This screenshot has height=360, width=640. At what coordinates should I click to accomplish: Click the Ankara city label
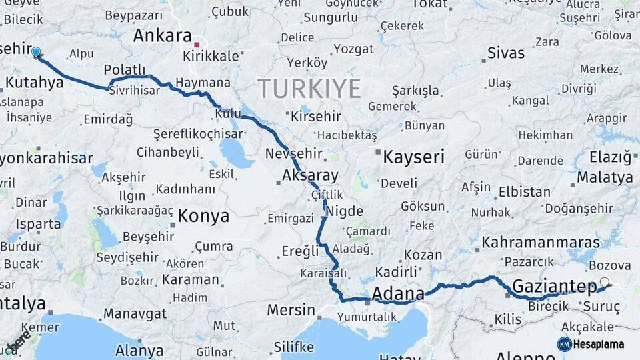(x=163, y=35)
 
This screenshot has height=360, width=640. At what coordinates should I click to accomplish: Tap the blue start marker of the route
(x=36, y=51)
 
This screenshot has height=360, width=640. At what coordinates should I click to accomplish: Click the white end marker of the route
(x=604, y=282)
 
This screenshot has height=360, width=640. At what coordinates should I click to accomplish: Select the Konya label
(x=203, y=216)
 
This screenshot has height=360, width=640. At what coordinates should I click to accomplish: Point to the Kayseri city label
(x=413, y=157)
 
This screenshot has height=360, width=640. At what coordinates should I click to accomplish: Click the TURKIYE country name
(x=309, y=89)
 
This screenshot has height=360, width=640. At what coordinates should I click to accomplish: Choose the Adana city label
(x=398, y=294)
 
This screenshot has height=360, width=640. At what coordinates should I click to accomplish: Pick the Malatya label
(x=605, y=177)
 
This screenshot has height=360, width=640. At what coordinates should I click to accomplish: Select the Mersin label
(x=291, y=310)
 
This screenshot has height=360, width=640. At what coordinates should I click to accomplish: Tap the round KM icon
(x=565, y=344)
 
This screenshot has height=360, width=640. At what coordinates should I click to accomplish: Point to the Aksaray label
(x=310, y=176)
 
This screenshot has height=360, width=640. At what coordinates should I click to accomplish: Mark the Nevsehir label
(x=294, y=154)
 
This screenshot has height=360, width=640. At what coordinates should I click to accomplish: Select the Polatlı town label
(x=125, y=70)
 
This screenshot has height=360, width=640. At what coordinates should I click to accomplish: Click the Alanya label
(x=139, y=350)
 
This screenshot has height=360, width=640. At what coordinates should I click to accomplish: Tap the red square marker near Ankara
(x=197, y=45)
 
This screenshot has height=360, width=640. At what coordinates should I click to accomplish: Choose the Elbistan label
(x=524, y=192)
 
